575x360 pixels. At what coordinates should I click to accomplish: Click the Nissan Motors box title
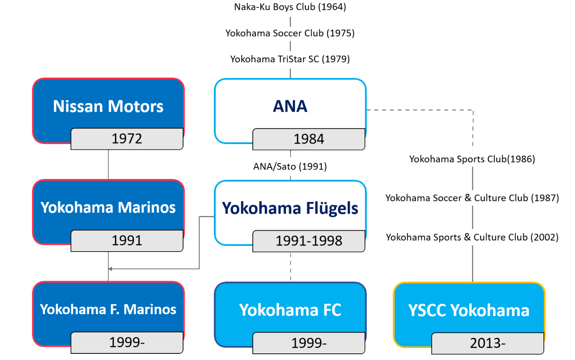coord(108,106)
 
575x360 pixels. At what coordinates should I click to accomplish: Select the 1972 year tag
coord(127,139)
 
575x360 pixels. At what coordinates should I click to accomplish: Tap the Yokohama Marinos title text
coord(108,208)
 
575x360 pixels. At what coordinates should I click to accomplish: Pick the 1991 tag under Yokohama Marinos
coord(127,241)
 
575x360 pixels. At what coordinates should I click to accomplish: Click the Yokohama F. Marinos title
coord(108,309)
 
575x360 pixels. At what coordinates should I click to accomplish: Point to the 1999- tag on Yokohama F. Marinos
coord(127,342)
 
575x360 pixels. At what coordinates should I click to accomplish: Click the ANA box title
coord(290,106)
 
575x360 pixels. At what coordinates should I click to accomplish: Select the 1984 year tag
coord(309,139)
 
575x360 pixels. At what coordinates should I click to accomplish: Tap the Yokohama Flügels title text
coord(290,208)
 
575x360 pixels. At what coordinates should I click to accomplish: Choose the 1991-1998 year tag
coord(309,241)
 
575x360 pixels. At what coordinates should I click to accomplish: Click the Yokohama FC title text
coord(290,310)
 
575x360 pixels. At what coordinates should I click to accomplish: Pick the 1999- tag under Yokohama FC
coord(309,343)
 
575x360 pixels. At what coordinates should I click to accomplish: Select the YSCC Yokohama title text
coord(469,310)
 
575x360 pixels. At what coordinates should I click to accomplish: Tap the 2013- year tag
coord(488,343)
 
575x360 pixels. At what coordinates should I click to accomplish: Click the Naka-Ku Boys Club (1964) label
coord(290,7)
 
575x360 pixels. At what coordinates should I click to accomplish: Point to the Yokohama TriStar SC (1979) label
coord(290,59)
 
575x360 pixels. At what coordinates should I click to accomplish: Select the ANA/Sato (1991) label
coord(290,166)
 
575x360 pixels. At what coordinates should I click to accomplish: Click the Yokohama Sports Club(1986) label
coord(472,159)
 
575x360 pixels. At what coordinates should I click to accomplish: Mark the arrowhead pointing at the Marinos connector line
coord(110,269)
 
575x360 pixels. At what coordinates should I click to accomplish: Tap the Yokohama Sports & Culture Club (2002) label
coord(472,237)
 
